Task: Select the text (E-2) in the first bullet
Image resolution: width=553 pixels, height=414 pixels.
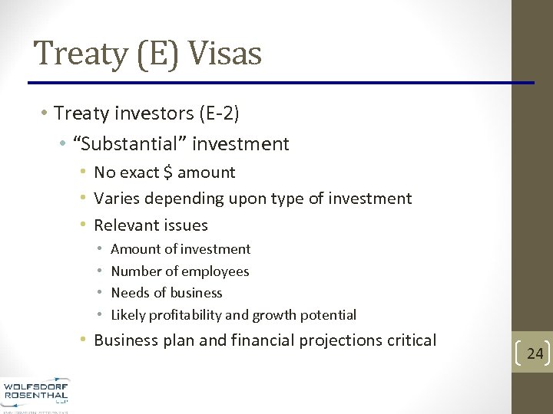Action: [x=219, y=114]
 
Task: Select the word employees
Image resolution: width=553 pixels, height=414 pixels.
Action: [x=217, y=271]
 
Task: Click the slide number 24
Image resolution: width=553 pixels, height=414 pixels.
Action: [x=535, y=353]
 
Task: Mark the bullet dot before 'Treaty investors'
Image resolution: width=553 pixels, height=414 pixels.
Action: [x=45, y=114]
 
